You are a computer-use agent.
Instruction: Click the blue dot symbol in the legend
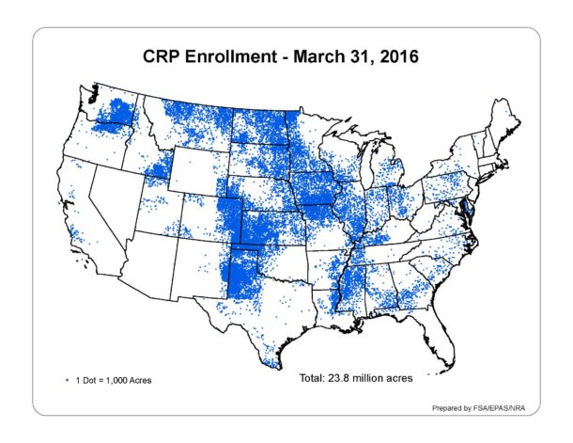point(67,380)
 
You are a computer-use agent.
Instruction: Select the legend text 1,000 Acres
point(127,380)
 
